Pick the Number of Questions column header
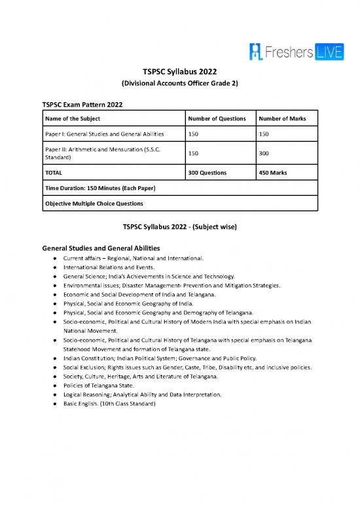tap(217, 119)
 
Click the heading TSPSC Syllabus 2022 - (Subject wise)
tap(179, 227)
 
